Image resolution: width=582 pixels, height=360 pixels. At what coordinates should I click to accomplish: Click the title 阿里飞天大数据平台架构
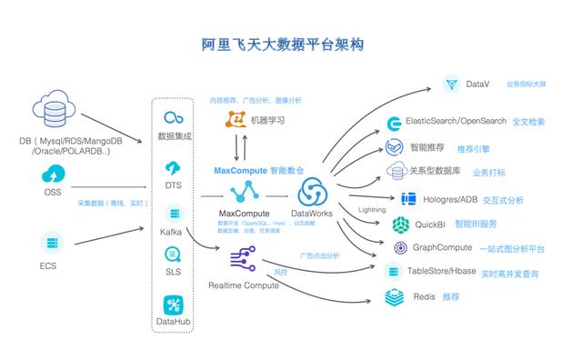291,44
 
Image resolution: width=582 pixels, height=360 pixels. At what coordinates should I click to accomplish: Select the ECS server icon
53,243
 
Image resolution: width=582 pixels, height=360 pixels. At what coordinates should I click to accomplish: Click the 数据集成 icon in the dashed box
173,118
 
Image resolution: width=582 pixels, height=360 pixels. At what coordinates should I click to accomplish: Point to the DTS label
173,185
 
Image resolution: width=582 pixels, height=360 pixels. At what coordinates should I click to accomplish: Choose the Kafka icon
173,213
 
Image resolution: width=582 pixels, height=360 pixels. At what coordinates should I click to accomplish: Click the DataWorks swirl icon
313,193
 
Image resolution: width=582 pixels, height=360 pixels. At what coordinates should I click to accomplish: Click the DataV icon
452,85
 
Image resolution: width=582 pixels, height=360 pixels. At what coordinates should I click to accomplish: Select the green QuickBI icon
401,224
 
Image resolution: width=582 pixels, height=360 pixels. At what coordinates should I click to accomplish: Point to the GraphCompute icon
401,247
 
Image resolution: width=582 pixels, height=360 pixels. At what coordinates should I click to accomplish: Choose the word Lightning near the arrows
372,210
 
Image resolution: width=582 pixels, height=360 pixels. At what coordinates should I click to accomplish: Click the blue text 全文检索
529,121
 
